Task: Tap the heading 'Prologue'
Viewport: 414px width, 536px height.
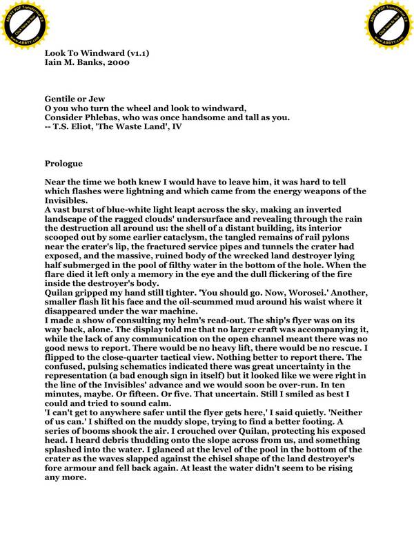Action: [63, 164]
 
